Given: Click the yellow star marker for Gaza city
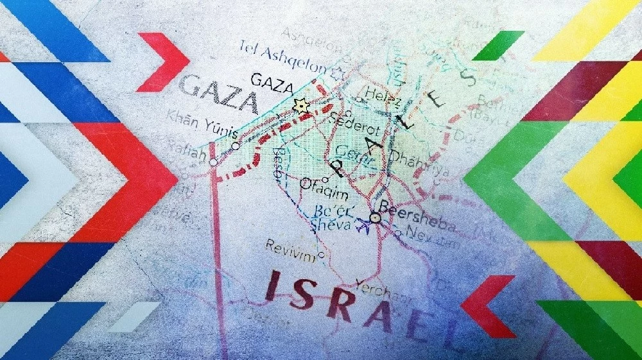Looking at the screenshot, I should pos(298,106).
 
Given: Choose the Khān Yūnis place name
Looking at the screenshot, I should pos(202,125).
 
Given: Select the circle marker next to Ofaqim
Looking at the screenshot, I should pos(305,183).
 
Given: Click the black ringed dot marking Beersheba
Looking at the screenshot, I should pos(376,219).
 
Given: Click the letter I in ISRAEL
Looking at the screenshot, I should pos(277,286).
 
